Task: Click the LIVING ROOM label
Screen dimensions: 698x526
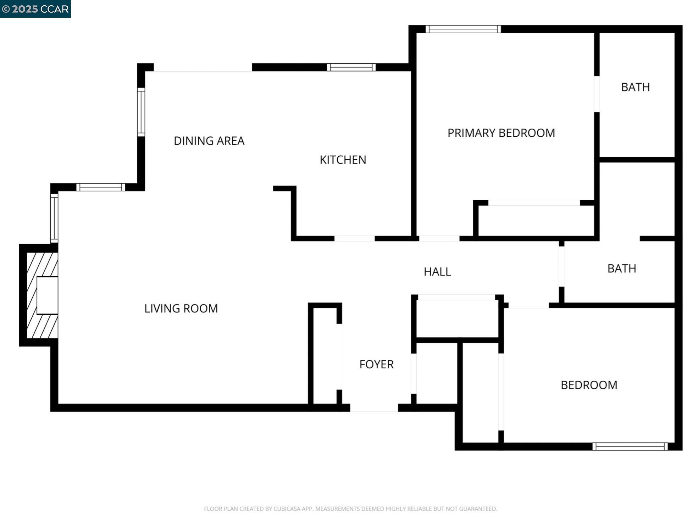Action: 181,308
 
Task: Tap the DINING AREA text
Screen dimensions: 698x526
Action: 209,141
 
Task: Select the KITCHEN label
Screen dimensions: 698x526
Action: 343,160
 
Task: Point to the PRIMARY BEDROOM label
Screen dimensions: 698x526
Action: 501,133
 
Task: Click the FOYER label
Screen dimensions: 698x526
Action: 376,364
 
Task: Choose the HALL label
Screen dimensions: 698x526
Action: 437,272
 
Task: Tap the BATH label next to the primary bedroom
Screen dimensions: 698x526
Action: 635,87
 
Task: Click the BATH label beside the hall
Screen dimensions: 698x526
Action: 621,269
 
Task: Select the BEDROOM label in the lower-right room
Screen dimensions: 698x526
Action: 589,385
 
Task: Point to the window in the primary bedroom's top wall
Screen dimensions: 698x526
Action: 463,29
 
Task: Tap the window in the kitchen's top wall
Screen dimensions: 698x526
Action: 351,67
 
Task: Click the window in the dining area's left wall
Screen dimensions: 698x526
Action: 141,112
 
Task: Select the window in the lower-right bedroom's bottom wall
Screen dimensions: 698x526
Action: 630,447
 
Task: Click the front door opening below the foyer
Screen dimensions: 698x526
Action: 374,408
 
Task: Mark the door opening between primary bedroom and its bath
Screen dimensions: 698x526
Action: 597,94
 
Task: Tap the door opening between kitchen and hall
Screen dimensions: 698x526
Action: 354,239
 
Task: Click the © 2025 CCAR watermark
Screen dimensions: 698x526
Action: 35,9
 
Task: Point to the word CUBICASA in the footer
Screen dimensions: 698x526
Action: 287,509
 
